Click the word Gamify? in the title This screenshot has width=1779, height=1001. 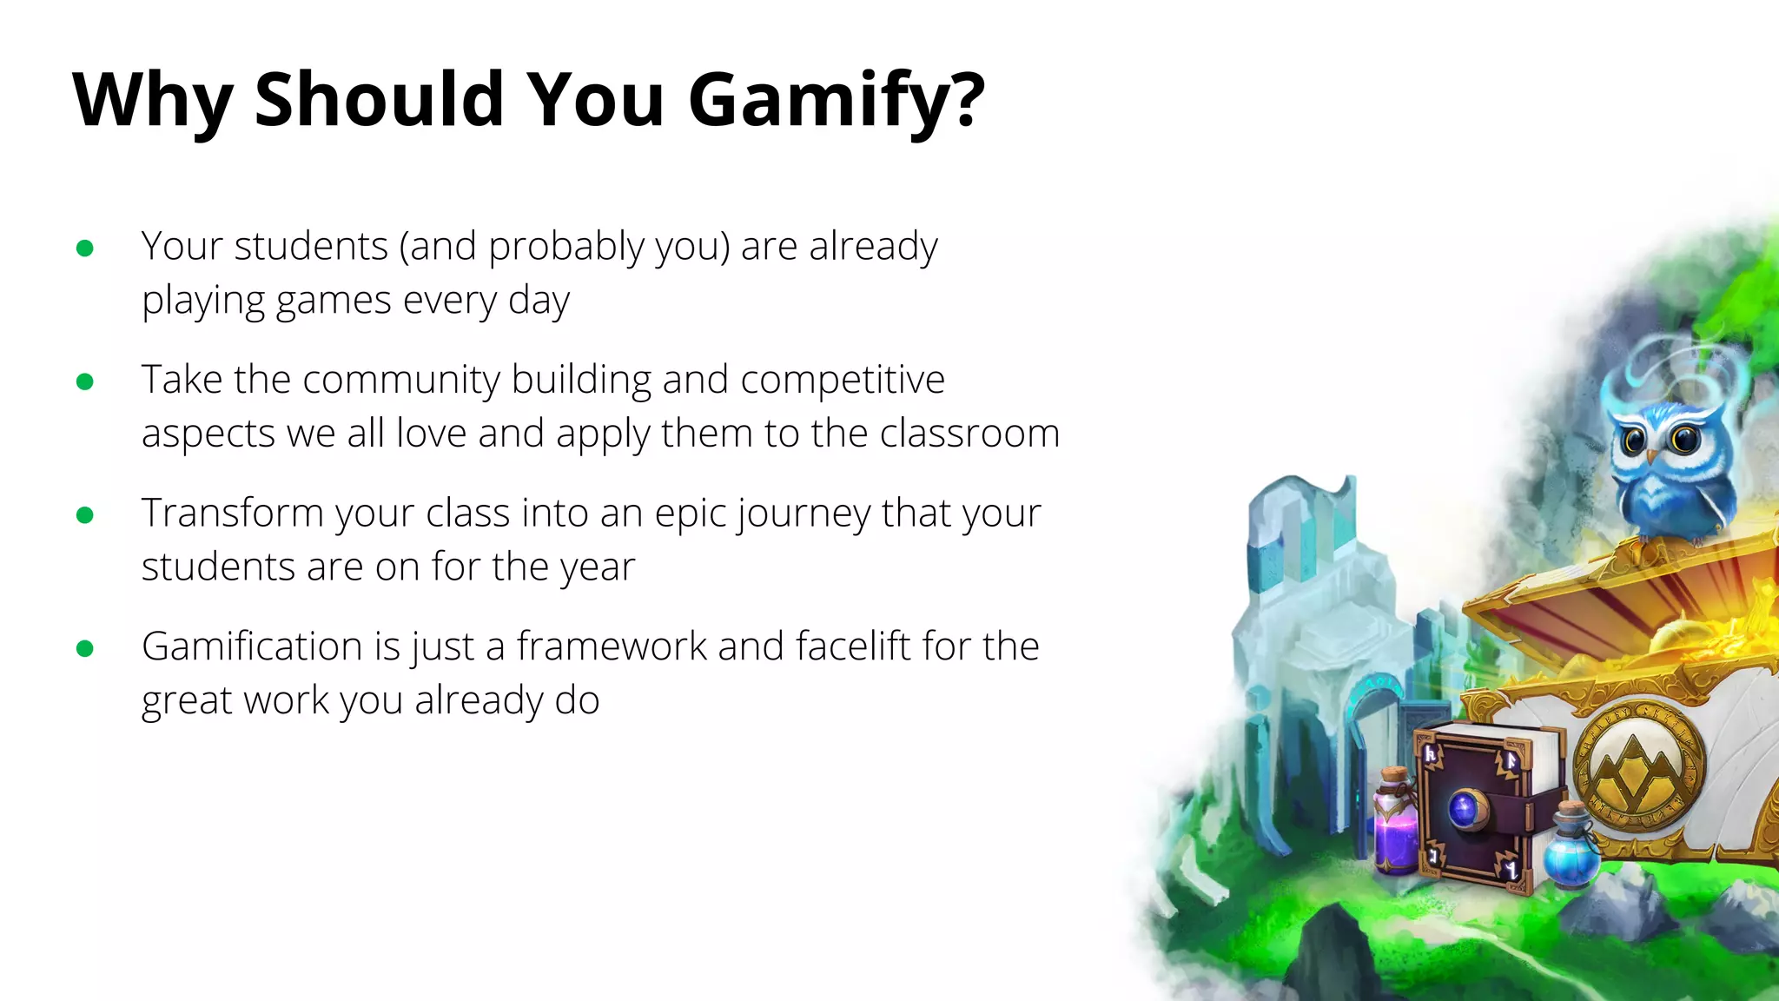(837, 100)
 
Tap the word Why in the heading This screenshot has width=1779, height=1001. (152, 100)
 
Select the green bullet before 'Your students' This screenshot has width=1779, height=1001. (85, 249)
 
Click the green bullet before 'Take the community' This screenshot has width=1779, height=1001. (85, 381)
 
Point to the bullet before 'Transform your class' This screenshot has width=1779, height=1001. (85, 515)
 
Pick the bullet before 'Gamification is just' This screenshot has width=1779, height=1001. (85, 648)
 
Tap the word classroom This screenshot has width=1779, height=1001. (969, 433)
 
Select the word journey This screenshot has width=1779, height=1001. (804, 514)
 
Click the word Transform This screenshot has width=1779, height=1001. (233, 513)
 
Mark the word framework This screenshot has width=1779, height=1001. (611, 646)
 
